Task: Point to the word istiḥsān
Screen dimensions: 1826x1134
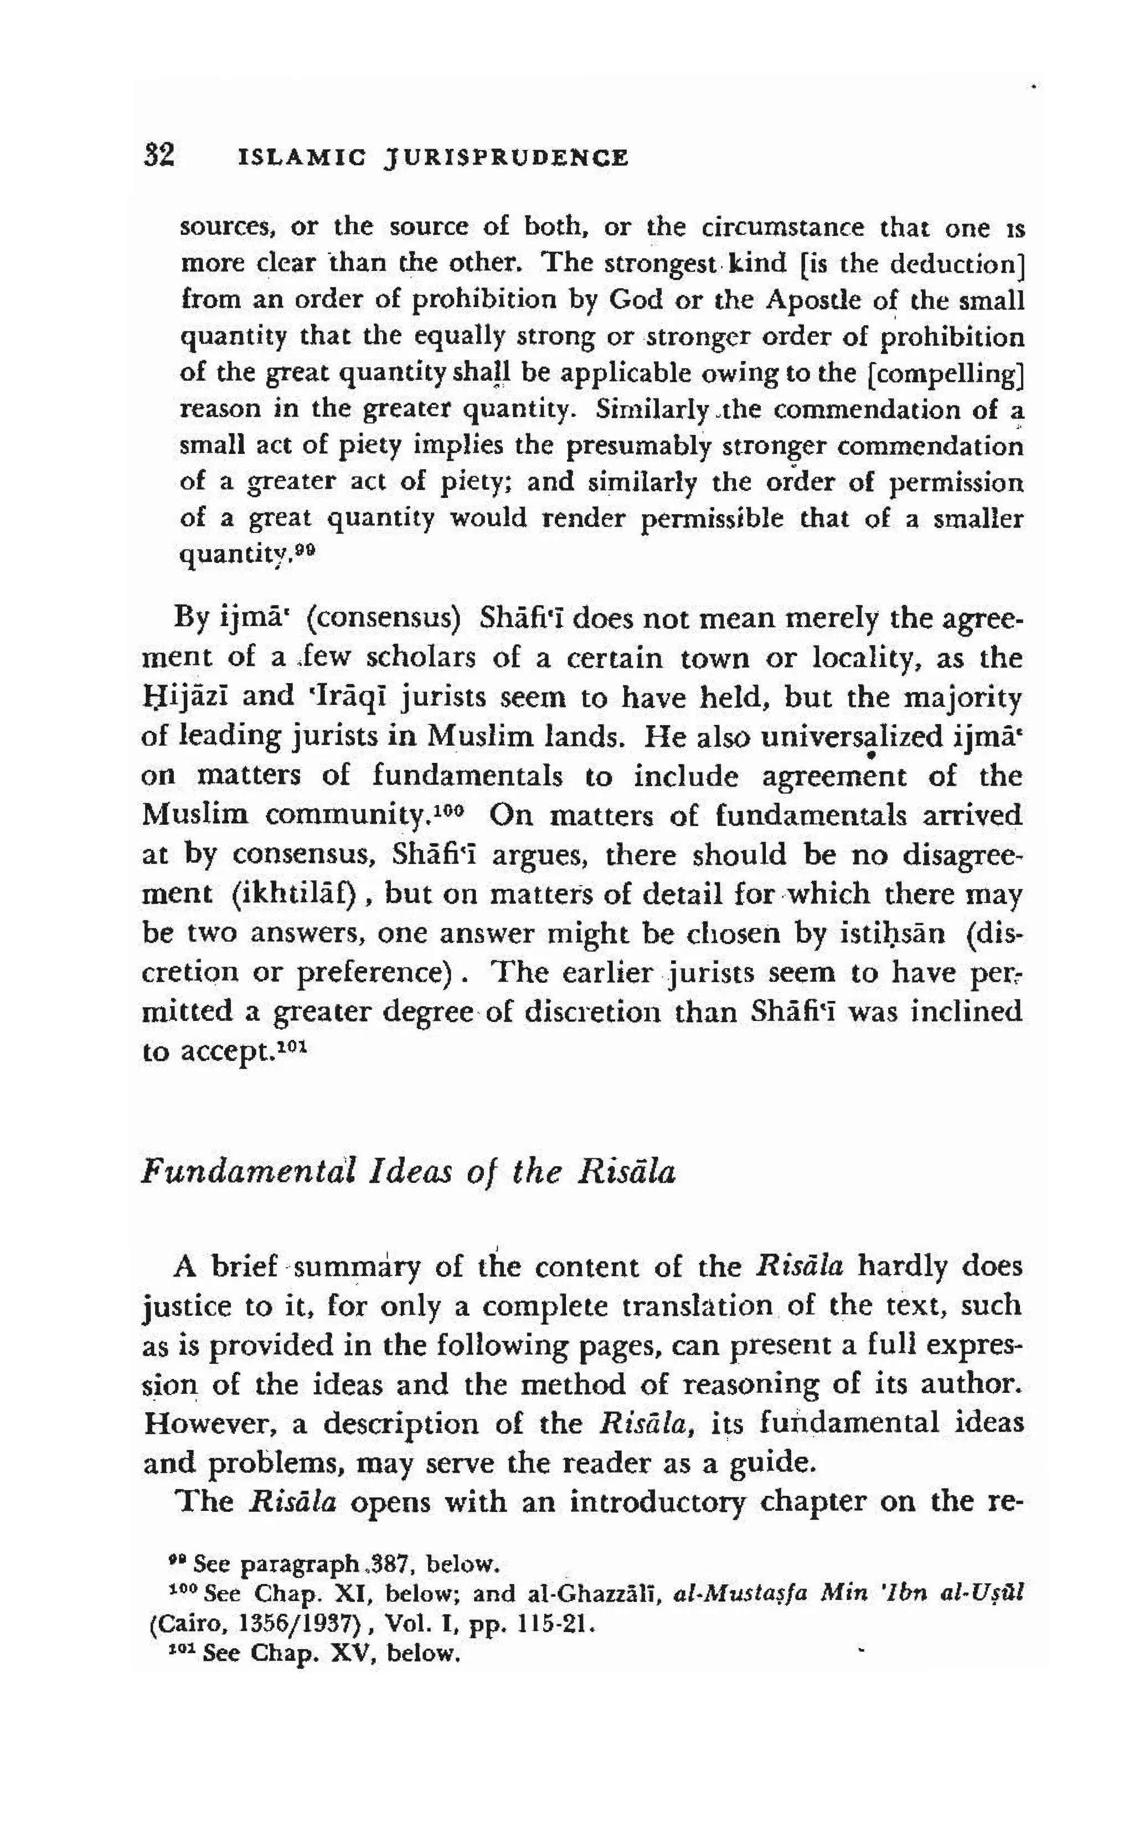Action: click(x=896, y=934)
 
